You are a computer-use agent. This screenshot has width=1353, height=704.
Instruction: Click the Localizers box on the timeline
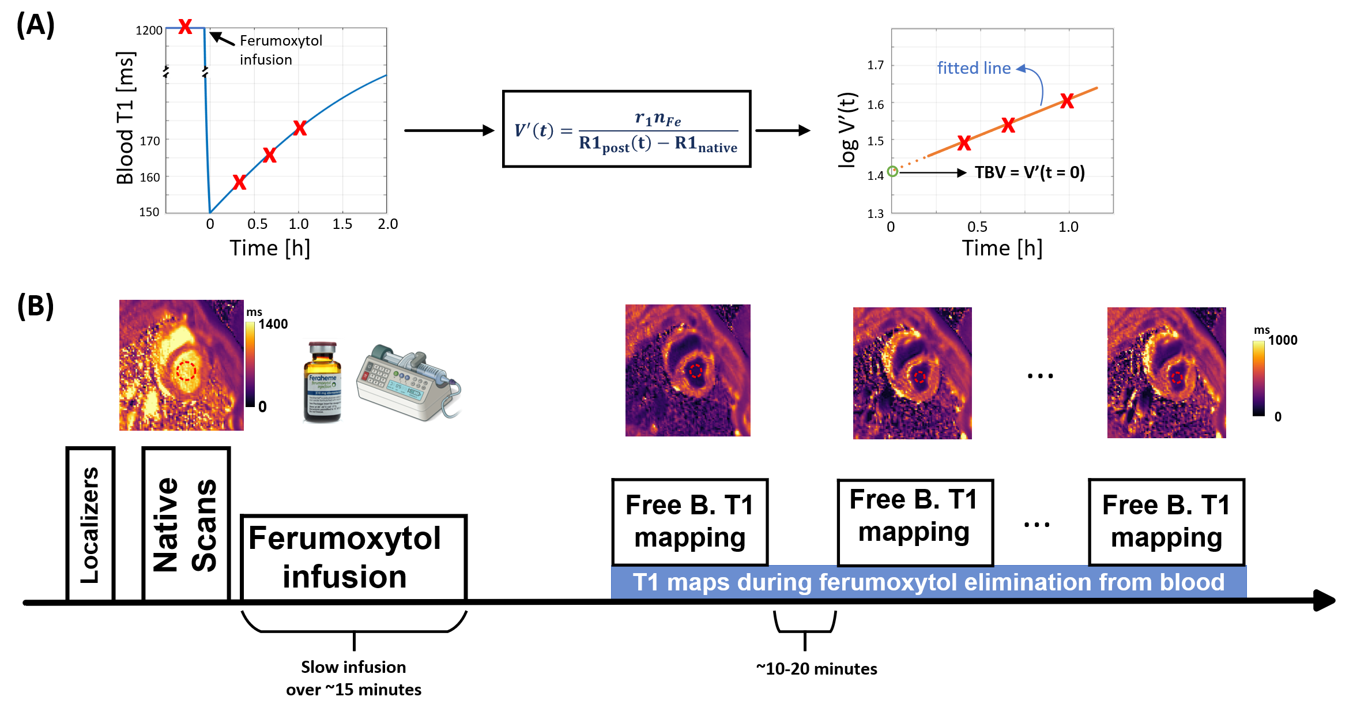(90, 524)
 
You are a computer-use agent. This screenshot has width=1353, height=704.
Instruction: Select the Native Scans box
(186, 524)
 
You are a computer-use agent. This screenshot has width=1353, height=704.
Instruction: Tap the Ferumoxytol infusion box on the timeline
(353, 558)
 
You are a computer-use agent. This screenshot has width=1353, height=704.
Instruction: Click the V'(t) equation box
(627, 129)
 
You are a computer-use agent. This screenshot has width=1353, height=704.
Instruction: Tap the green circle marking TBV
(892, 171)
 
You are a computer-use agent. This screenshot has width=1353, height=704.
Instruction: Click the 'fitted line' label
(974, 68)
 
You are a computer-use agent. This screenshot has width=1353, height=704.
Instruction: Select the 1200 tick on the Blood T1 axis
(149, 30)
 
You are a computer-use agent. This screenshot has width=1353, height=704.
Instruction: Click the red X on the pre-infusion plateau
(185, 27)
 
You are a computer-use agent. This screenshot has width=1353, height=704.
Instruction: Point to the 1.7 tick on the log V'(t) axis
(875, 65)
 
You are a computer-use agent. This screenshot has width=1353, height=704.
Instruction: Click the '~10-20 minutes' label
(816, 669)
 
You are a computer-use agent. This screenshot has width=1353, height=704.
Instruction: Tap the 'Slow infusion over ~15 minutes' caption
(353, 678)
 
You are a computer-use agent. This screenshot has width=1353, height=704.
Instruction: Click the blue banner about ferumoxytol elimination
(928, 582)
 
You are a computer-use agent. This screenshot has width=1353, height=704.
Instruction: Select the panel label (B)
(36, 306)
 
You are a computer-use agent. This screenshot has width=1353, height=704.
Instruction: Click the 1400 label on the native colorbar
(273, 324)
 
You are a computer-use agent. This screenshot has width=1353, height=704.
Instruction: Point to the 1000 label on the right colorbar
(1282, 340)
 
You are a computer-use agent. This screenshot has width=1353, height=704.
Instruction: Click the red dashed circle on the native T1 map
(186, 371)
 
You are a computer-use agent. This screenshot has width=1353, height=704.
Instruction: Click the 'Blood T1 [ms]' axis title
(125, 118)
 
